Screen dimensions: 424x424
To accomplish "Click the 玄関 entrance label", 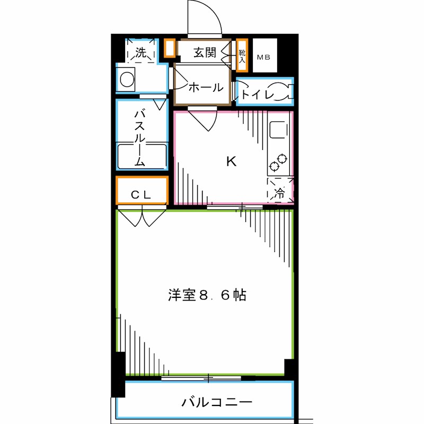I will coord(205,52).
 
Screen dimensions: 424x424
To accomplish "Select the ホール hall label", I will coord(206,87).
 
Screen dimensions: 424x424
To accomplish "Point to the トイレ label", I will coord(257,95).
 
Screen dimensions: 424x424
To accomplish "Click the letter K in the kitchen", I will coord(231,161).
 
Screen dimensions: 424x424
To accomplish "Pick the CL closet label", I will coord(142,195).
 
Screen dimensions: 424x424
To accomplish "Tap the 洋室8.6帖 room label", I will coord(207,295).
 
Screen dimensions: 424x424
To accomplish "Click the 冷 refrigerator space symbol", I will coord(279,193).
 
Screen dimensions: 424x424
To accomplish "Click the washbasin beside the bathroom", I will coord(127,79).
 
